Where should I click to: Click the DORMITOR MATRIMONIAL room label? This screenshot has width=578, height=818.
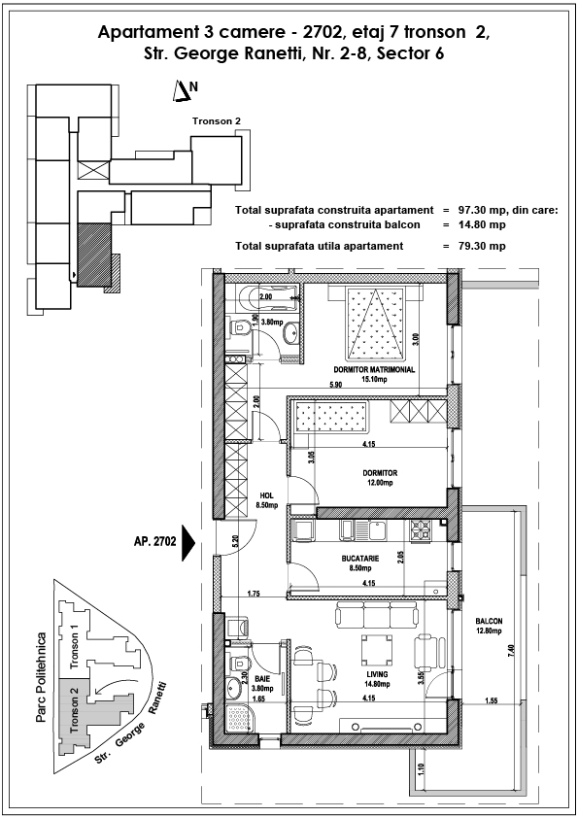coord(374,369)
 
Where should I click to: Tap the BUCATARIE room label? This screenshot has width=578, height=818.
coord(360,559)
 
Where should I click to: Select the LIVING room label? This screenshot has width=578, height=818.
coord(377,674)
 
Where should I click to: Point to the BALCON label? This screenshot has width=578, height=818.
coord(489,621)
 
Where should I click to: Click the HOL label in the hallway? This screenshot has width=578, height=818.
coord(266,495)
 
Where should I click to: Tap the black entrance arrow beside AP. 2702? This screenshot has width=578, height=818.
coord(187,542)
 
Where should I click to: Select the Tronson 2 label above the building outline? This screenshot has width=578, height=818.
coord(217,121)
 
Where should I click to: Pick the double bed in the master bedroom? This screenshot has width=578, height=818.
coord(375,323)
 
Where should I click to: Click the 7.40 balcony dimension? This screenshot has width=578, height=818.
coord(511,650)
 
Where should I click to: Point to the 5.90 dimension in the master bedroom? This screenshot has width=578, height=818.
coord(335,385)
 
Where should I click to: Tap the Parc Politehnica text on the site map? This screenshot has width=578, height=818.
coord(41,677)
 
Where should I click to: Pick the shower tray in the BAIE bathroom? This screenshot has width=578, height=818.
coord(238,719)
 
